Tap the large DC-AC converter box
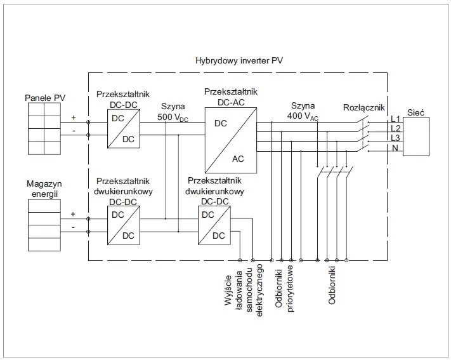[231, 140]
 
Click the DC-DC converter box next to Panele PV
[123, 128]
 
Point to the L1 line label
[395, 119]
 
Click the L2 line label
[395, 129]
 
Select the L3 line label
[395, 138]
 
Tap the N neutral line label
[395, 149]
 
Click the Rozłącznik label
[363, 107]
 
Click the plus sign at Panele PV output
[74, 118]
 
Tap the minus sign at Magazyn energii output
[74, 227]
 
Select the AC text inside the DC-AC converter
[239, 159]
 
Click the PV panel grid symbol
[44, 129]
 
